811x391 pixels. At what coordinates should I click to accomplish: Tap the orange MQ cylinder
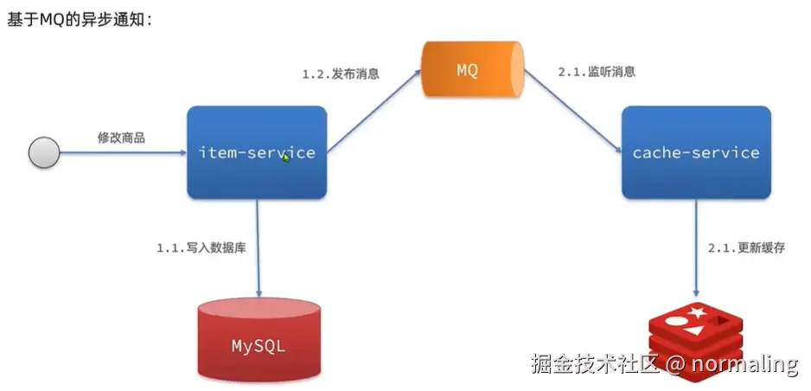(x=472, y=69)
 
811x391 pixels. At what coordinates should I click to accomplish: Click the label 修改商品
(x=121, y=138)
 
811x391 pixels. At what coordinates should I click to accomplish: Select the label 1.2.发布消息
(x=341, y=74)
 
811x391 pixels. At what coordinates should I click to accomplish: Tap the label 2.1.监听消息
(x=597, y=73)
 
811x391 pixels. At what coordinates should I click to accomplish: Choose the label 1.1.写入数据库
(x=201, y=248)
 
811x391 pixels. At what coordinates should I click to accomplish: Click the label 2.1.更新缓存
(x=746, y=247)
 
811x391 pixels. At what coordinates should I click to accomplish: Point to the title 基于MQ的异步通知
(x=80, y=19)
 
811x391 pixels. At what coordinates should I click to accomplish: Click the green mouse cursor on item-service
(x=286, y=158)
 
